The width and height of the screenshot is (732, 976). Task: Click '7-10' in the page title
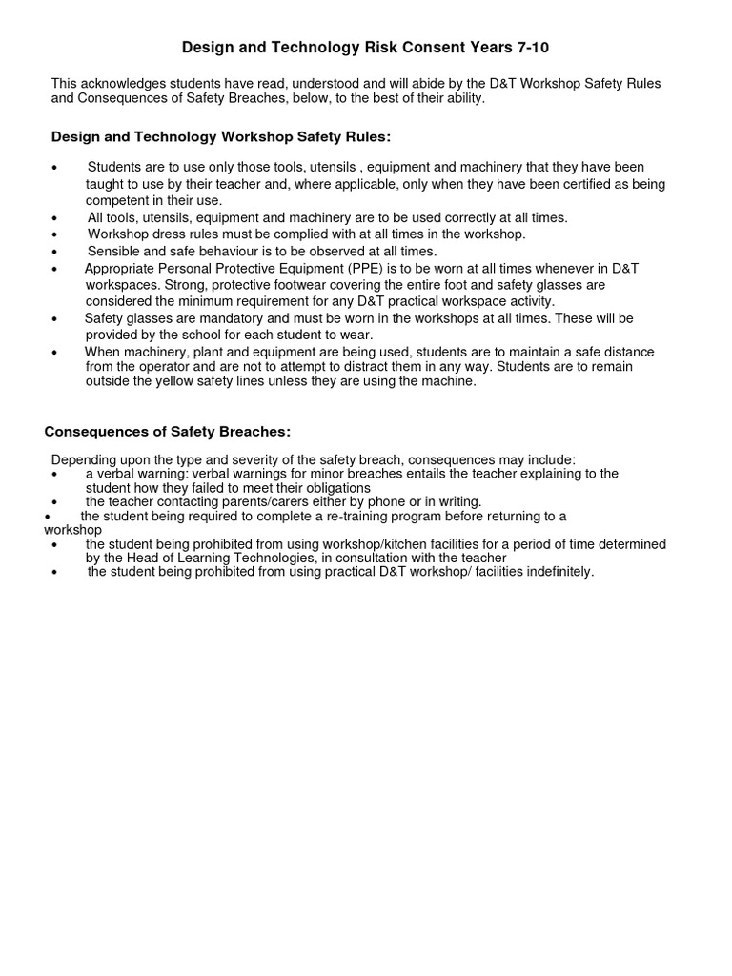coord(525,47)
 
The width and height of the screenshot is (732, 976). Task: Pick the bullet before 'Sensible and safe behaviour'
coord(55,252)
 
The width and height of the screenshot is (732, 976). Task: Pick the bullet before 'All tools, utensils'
coord(55,218)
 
